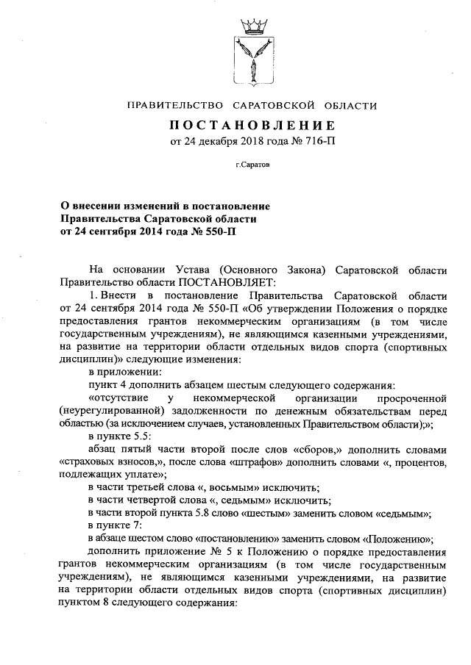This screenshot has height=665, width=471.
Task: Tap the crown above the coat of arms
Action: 252,28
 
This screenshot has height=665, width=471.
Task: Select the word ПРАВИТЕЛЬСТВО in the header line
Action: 172,106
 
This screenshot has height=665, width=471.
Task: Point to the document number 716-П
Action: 316,140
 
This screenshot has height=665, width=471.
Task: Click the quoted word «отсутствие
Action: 120,397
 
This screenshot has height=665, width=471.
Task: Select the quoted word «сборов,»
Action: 345,448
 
